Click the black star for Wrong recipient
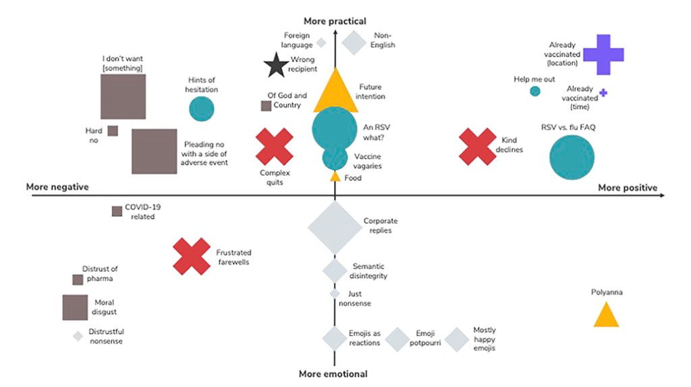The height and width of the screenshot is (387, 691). pyautogui.click(x=275, y=66)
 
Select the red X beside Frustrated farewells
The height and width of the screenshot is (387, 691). pyautogui.click(x=192, y=257)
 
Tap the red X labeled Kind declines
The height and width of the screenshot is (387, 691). pyautogui.click(x=478, y=147)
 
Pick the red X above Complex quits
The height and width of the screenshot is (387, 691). pyautogui.click(x=275, y=147)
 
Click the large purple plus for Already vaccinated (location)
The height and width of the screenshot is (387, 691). pyautogui.click(x=603, y=55)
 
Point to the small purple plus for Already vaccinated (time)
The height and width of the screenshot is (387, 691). pyautogui.click(x=603, y=93)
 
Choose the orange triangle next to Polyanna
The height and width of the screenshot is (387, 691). pyautogui.click(x=606, y=315)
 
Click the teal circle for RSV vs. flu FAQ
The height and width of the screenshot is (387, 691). pyautogui.click(x=572, y=157)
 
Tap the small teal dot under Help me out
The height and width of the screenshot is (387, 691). pyautogui.click(x=535, y=91)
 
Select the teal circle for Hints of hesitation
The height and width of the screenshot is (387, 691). pyautogui.click(x=201, y=109)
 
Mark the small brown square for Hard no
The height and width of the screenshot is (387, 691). pyautogui.click(x=113, y=130)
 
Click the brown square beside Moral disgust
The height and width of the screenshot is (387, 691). pyautogui.click(x=75, y=307)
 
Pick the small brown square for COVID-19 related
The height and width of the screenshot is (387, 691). pyautogui.click(x=117, y=211)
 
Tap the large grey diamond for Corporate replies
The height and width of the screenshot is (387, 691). pyautogui.click(x=335, y=227)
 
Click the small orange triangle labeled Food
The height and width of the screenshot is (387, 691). pyautogui.click(x=335, y=177)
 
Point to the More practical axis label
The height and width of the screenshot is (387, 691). pyautogui.click(x=335, y=22)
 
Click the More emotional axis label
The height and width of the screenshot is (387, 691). pyautogui.click(x=333, y=373)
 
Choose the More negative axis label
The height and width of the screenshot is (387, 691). pyautogui.click(x=57, y=187)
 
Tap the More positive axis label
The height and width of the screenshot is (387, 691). pyautogui.click(x=627, y=188)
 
